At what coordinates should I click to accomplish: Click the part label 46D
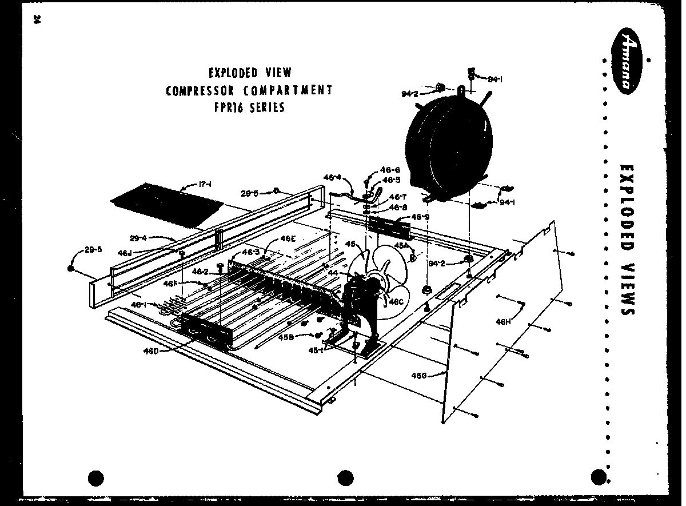151,350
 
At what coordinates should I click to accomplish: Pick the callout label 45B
286,337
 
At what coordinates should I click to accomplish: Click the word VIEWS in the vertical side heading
626,286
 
